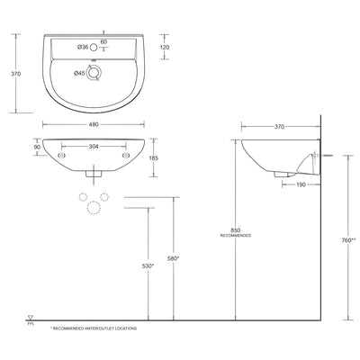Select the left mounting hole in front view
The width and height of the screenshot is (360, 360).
60,154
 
